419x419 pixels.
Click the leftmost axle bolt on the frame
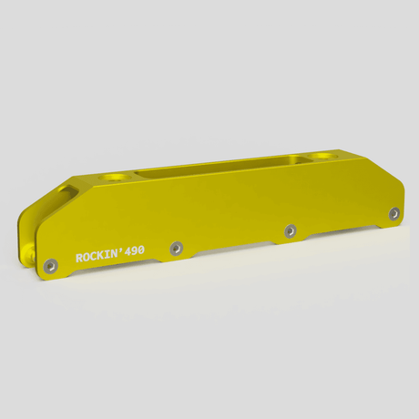tap(53, 263)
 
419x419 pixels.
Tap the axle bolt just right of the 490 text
tap(176, 246)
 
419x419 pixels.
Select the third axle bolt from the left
tap(290, 229)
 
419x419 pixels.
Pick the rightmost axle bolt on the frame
tap(393, 213)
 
